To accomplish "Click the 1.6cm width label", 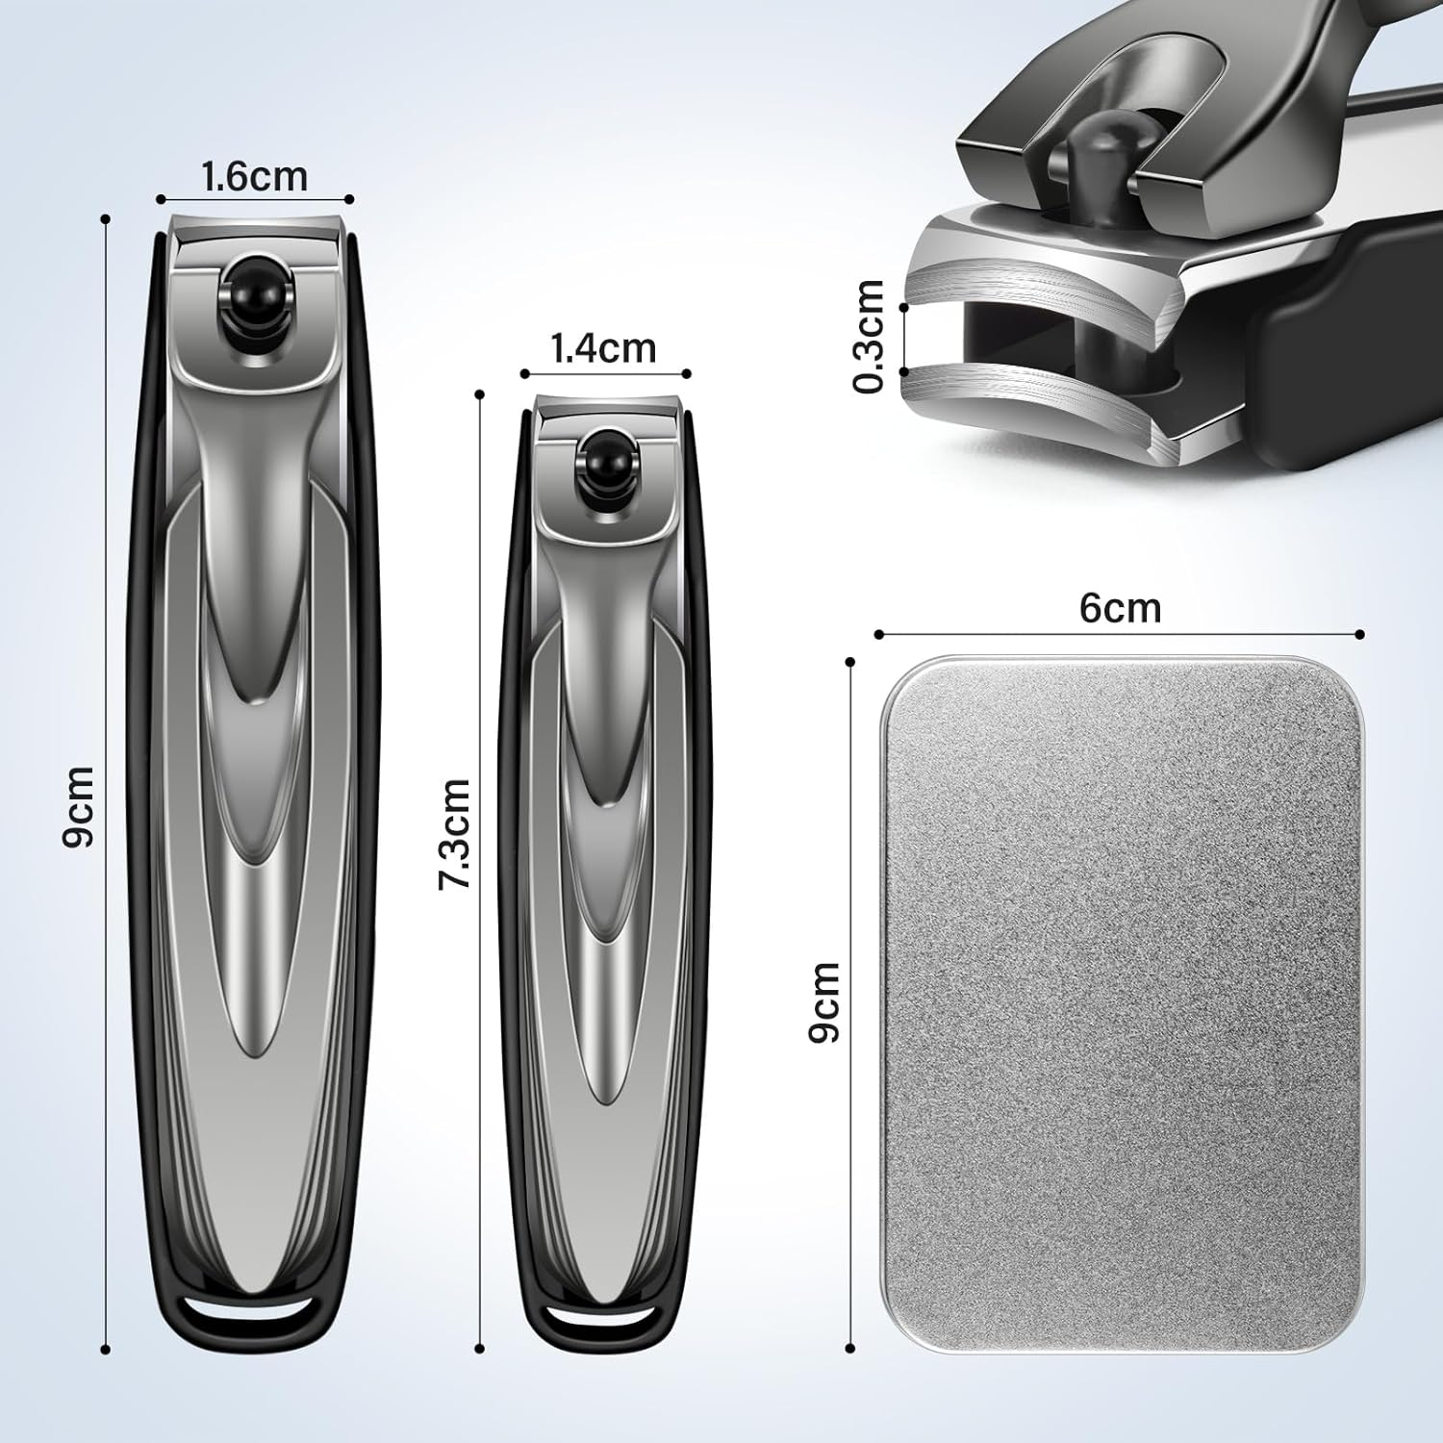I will pyautogui.click(x=254, y=177).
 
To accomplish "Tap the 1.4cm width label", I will pyautogui.click(x=603, y=348).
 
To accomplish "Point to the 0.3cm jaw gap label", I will pyautogui.click(x=869, y=336).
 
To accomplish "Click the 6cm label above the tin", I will pyautogui.click(x=1120, y=608).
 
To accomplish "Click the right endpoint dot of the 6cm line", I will pyautogui.click(x=1360, y=634).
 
